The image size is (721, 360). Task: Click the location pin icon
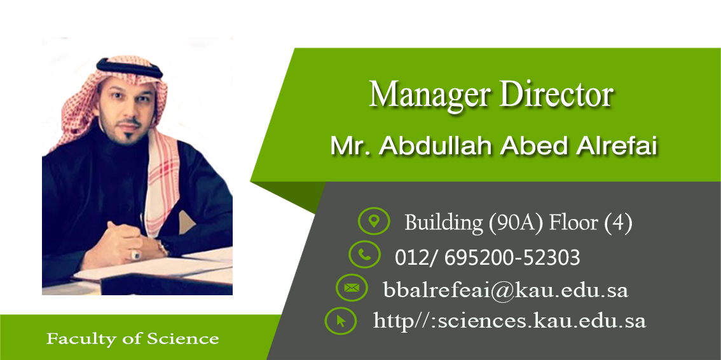(x=374, y=222)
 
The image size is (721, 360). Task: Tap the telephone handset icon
(x=365, y=255)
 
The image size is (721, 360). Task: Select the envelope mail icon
(x=352, y=288)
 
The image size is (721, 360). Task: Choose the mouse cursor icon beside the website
(x=341, y=321)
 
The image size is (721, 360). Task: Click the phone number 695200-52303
(x=512, y=258)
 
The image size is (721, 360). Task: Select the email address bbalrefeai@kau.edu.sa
(x=505, y=290)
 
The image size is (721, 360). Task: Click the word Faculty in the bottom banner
(x=79, y=339)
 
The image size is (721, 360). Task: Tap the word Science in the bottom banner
(x=182, y=339)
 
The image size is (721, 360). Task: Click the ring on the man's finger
(x=136, y=253)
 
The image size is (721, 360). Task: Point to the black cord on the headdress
(x=130, y=67)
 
